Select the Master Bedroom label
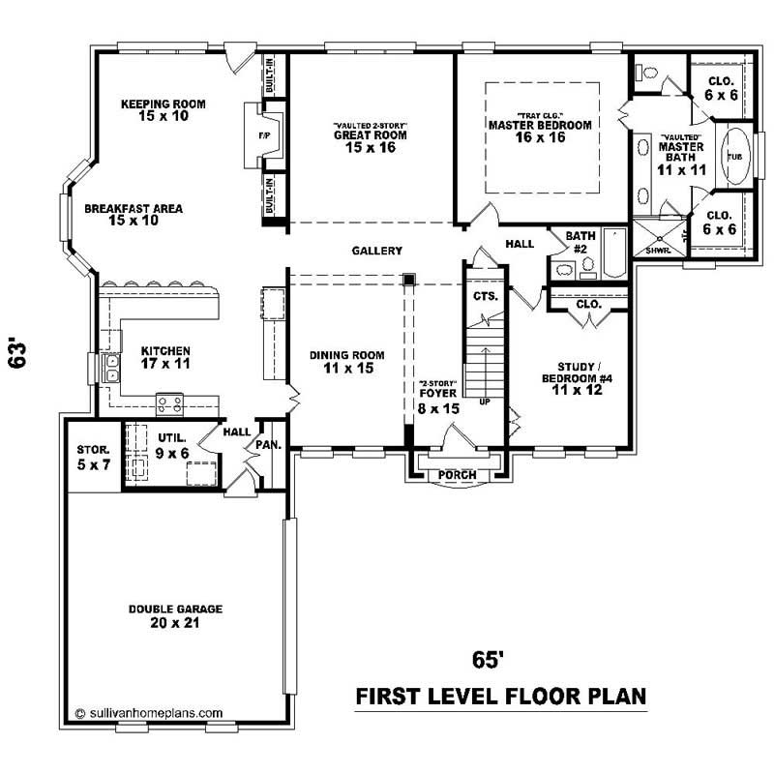539,131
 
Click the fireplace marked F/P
264,136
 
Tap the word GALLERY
376,251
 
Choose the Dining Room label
346,361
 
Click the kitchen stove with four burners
170,402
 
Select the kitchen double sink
112,368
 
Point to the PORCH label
457,475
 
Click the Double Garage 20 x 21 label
176,615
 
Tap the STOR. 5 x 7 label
94,457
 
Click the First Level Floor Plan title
500,696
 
